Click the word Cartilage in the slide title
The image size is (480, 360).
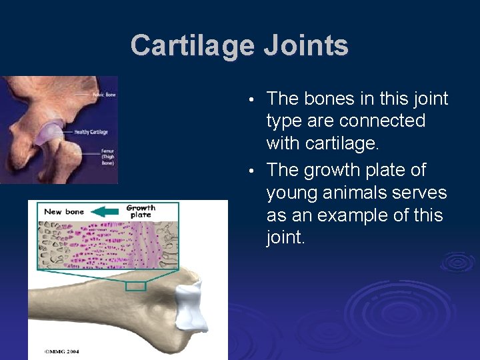tap(192, 45)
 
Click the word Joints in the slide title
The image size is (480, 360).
tap(306, 45)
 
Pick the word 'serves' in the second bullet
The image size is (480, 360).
tap(423, 193)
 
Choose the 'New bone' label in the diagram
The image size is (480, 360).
tap(64, 211)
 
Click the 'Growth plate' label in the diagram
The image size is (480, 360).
tap(141, 211)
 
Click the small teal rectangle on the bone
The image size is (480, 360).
tap(136, 286)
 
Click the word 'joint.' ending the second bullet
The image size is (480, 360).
tap(286, 238)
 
